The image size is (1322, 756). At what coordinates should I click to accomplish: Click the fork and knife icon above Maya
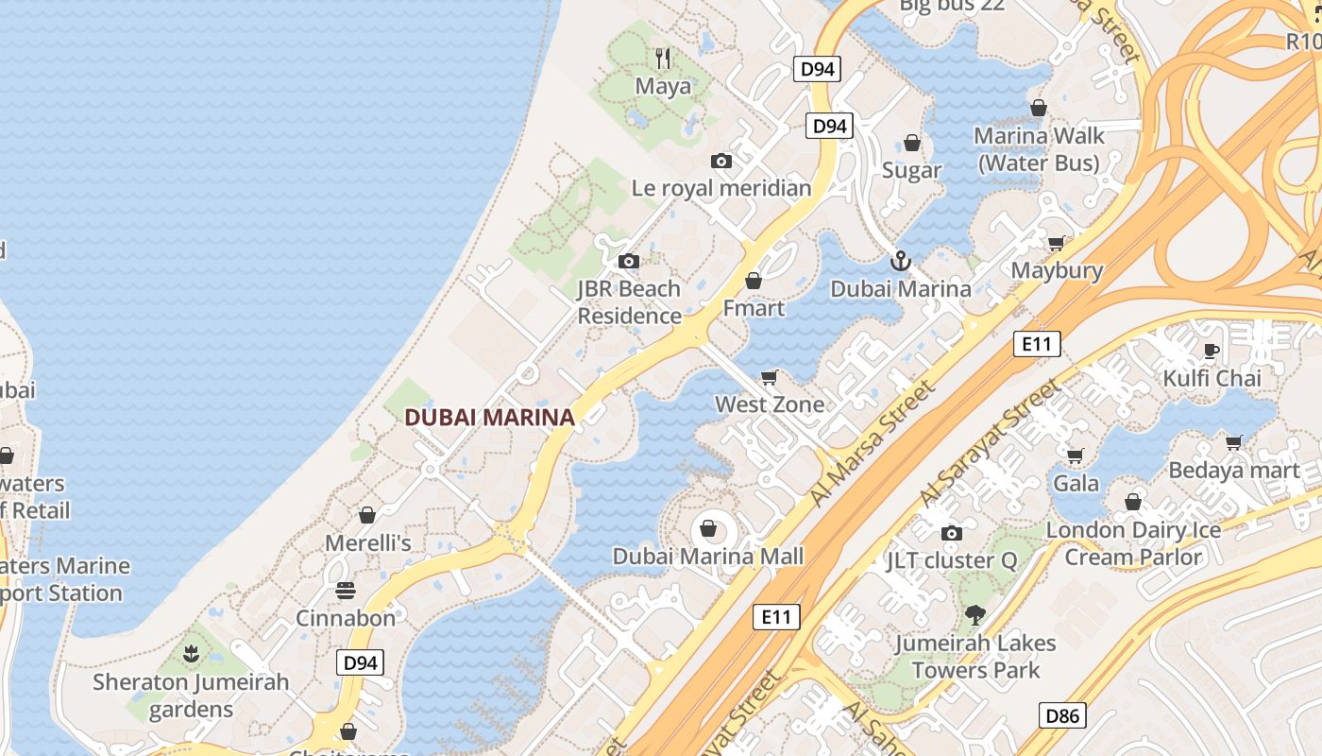point(663,59)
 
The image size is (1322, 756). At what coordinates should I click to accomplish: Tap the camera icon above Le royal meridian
point(721,161)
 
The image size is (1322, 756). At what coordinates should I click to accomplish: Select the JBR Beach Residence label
point(629,302)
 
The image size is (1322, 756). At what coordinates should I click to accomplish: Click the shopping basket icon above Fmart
point(754,281)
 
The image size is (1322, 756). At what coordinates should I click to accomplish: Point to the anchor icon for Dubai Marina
point(901,261)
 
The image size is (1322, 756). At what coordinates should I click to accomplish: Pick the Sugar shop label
point(911,170)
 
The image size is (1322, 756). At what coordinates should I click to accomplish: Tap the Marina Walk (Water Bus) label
point(1039,149)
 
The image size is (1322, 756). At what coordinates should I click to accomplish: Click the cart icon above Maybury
point(1057,243)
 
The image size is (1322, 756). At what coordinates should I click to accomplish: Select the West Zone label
point(769,404)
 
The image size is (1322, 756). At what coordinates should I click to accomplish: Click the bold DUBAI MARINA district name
point(489,417)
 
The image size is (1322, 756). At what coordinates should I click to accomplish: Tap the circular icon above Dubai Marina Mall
point(708,528)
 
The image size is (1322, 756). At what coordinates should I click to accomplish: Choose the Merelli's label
point(368,543)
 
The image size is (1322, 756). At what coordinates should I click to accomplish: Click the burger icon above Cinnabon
point(346,591)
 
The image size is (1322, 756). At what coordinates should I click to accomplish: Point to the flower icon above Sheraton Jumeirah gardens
point(191,653)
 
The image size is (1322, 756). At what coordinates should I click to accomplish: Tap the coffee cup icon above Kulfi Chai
point(1212,352)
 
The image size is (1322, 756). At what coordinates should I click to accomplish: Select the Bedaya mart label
point(1234,470)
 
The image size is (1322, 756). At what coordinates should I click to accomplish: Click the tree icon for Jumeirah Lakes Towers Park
point(975,616)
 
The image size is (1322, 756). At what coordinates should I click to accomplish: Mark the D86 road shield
point(1062,715)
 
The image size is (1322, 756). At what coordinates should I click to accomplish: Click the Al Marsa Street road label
point(873,442)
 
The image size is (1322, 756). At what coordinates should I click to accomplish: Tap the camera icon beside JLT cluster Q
point(952,533)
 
